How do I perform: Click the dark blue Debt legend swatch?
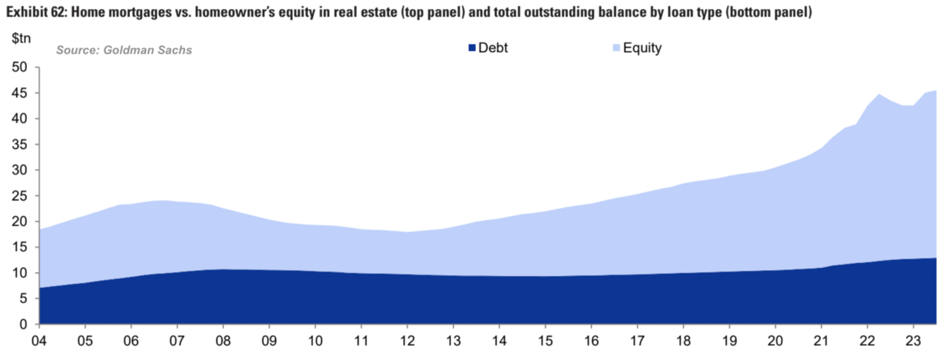pos(471,49)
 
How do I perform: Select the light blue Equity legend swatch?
pos(616,49)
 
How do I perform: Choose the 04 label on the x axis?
pos(39,341)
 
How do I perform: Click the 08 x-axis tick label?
pos(223,341)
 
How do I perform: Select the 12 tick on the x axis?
pos(407,341)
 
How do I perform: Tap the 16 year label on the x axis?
pos(590,341)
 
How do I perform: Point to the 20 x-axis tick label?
pos(774,341)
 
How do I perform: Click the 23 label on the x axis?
pos(912,341)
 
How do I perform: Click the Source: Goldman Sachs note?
pos(124,50)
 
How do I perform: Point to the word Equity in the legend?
pos(642,49)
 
